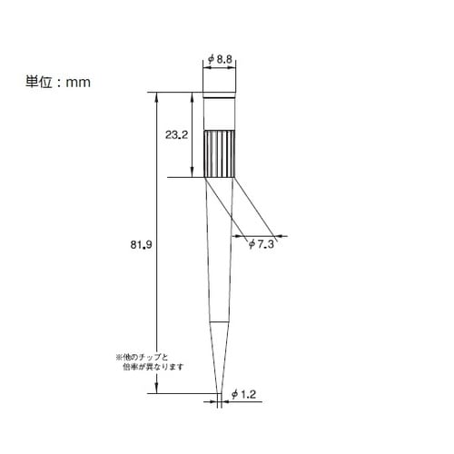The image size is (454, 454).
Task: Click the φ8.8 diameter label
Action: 220,59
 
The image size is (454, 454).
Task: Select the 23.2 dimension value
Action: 176,134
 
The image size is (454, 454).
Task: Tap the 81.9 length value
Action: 141,244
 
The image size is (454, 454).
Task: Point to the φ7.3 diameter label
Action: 262,244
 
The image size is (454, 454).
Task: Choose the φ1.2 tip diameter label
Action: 243,394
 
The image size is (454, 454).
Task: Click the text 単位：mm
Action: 58,82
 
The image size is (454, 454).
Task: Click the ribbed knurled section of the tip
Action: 220,153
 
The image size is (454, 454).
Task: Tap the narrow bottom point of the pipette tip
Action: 220,392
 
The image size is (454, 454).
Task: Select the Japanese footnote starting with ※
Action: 150,362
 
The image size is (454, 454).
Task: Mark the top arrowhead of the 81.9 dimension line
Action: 156,95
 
